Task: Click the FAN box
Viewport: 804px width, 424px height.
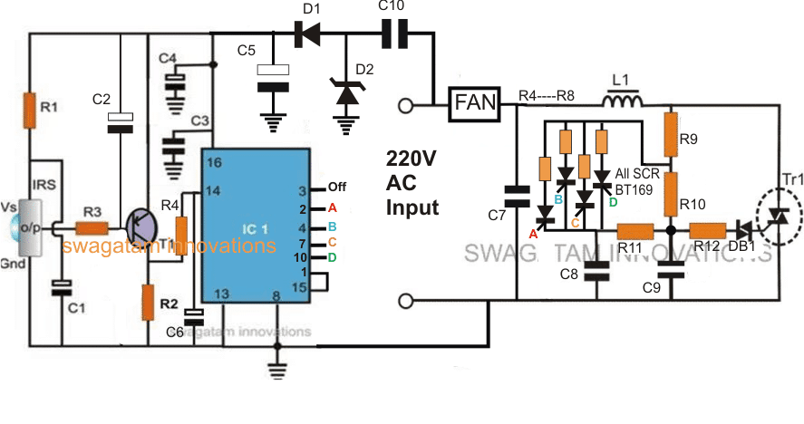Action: click(x=475, y=105)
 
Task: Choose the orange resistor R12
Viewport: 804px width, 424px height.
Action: click(x=706, y=231)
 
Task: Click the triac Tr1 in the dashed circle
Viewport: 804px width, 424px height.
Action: click(x=777, y=215)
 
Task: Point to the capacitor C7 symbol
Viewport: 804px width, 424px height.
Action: click(x=516, y=196)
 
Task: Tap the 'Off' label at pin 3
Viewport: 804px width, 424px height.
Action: click(x=337, y=188)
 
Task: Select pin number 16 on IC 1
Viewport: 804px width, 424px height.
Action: click(x=214, y=162)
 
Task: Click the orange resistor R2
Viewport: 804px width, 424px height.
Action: click(x=148, y=302)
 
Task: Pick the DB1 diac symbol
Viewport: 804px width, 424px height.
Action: click(x=745, y=231)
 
